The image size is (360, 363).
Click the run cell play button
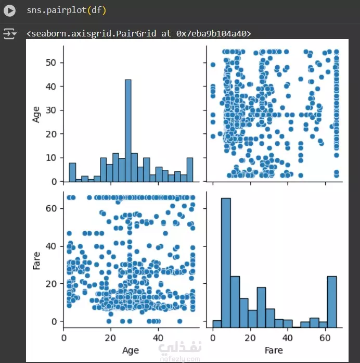tap(9, 10)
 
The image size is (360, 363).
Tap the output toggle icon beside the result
tap(9, 34)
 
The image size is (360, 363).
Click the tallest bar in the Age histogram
tap(128, 130)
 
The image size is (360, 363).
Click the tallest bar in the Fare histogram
tap(226, 260)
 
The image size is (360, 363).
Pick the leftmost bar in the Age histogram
tap(72, 172)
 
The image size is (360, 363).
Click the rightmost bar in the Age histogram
tap(190, 170)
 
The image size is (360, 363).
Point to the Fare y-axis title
tap(36, 260)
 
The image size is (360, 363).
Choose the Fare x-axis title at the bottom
tap(274, 350)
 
